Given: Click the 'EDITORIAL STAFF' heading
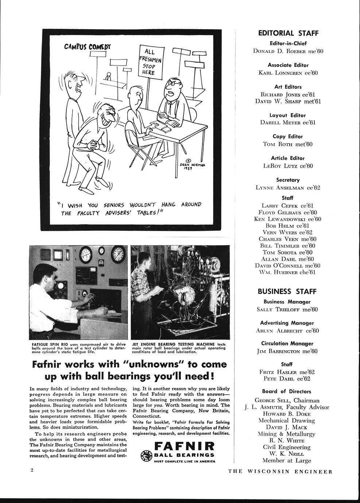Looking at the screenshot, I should (288, 33).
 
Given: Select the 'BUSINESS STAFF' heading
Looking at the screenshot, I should (287, 292).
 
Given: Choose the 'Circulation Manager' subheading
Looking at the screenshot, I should (287, 343).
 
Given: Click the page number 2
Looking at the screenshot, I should (32, 470).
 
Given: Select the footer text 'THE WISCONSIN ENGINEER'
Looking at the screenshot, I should (280, 471).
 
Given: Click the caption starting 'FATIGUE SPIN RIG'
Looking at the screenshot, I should (78, 348).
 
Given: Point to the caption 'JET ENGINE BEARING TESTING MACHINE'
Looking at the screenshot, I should (179, 348).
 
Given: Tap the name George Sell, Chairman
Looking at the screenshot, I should (287, 400).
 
